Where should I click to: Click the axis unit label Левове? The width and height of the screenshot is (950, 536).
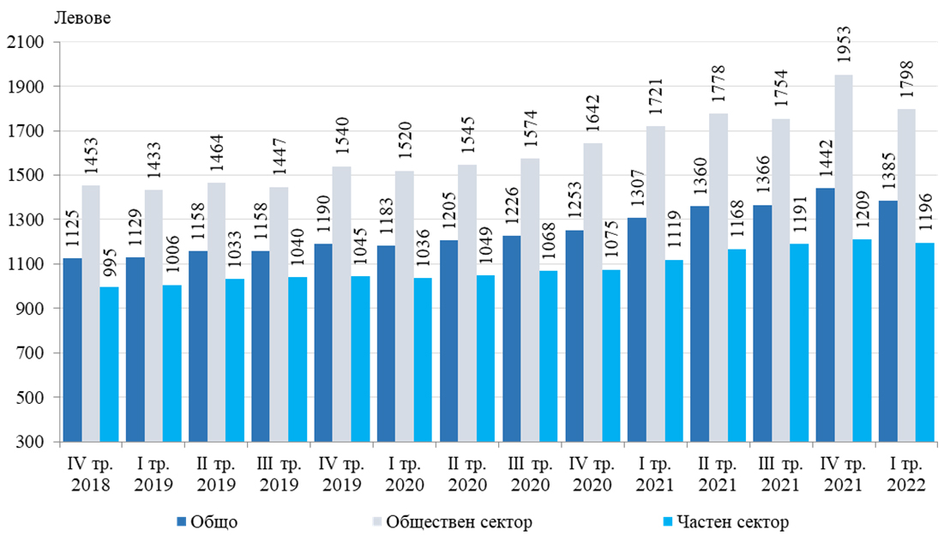pos(82,17)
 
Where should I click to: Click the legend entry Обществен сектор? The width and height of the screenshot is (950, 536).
pos(451,521)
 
